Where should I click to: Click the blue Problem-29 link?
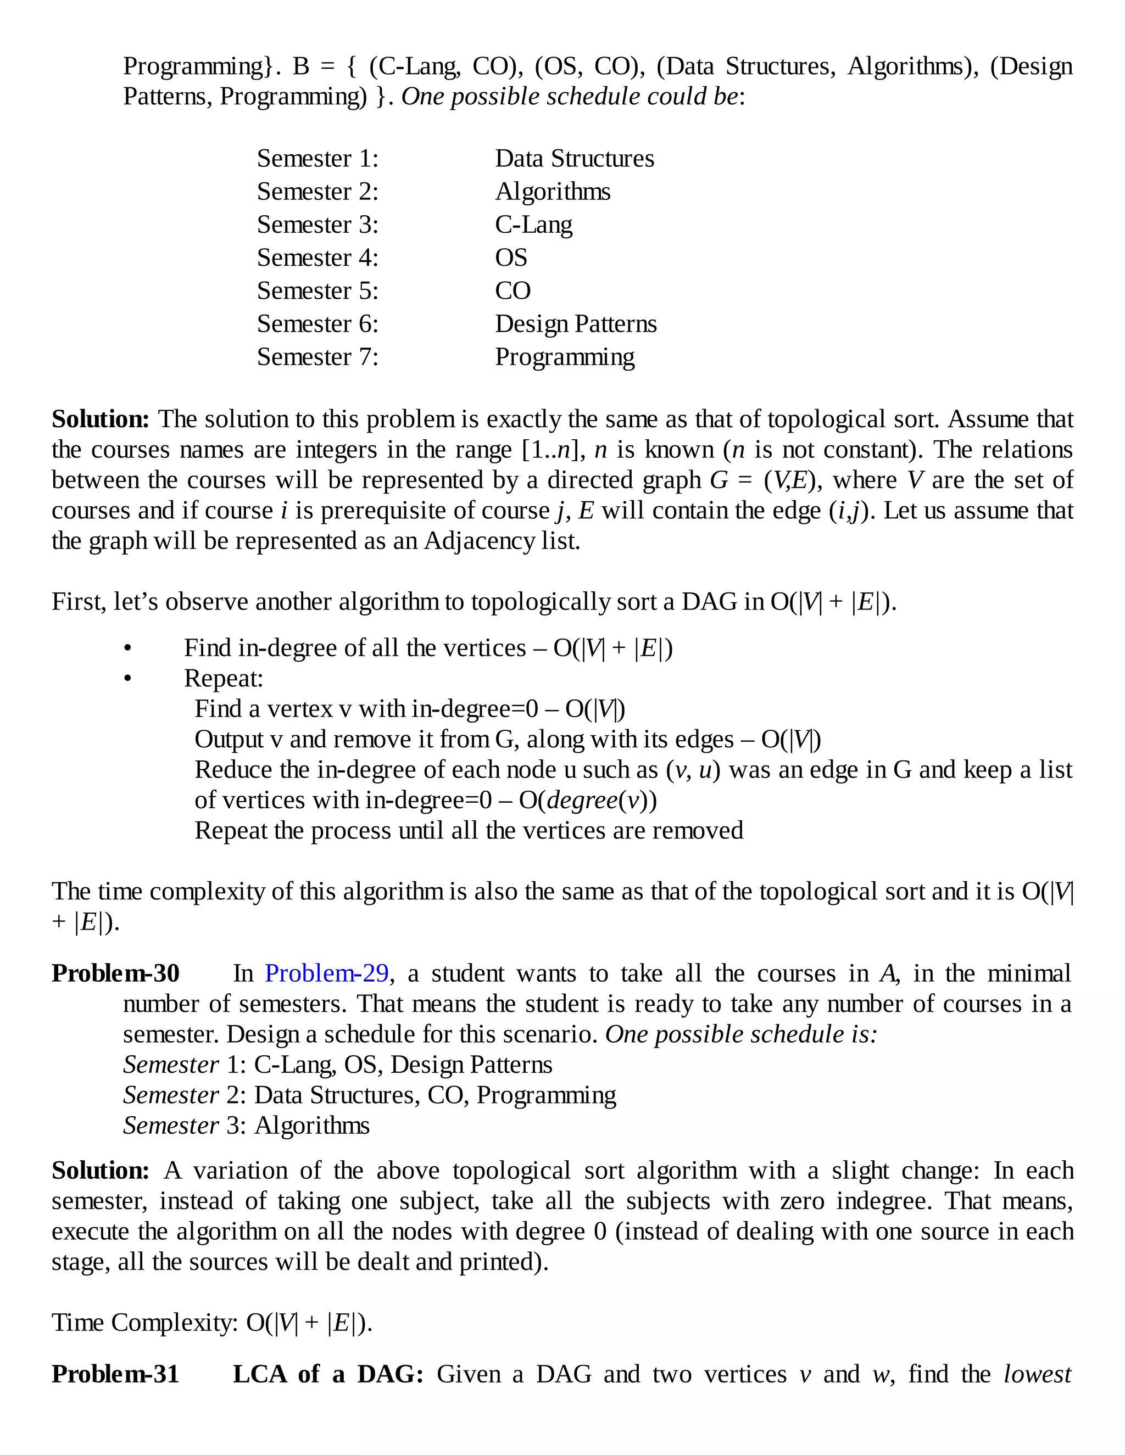(327, 974)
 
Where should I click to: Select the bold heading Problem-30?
(115, 974)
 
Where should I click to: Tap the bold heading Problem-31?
(115, 1374)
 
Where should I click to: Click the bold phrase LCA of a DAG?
(328, 1374)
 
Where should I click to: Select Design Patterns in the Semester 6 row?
(575, 324)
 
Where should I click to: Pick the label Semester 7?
(318, 357)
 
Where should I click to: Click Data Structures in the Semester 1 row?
(574, 159)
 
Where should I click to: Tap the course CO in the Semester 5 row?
(513, 291)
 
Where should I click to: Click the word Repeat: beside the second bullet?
(223, 678)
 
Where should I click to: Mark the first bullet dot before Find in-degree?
(128, 648)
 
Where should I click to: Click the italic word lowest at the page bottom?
(1037, 1374)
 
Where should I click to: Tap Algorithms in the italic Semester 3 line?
(311, 1125)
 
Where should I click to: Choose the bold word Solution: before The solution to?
(101, 419)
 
